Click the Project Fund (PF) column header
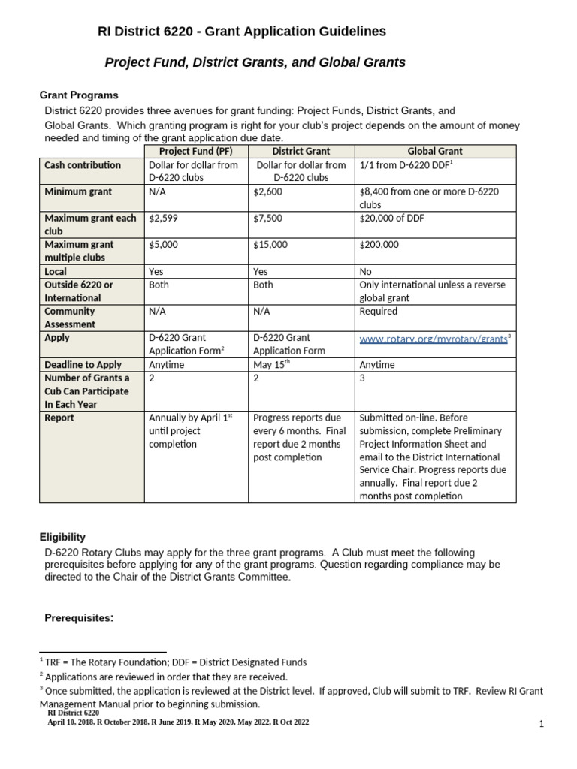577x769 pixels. point(196,152)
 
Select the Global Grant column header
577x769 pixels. point(434,152)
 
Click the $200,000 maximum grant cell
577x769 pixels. point(379,245)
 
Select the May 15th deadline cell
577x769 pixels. point(271,365)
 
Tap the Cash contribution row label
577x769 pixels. point(83,165)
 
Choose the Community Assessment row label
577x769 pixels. point(70,318)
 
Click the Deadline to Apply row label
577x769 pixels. point(82,365)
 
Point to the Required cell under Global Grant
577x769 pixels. point(379,311)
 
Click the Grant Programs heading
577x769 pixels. point(79,95)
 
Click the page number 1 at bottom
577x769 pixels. point(540,724)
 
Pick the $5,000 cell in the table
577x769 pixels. point(165,245)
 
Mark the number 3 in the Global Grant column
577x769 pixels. point(363,378)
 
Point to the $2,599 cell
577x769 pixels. point(165,219)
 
